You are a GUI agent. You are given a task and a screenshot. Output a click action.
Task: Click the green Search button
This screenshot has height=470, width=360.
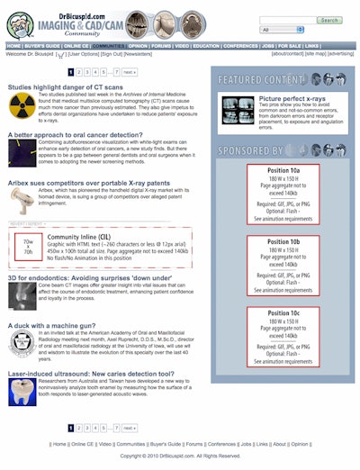[x=328, y=19]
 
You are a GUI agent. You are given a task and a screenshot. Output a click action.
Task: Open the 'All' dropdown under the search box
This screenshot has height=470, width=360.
[x=305, y=30]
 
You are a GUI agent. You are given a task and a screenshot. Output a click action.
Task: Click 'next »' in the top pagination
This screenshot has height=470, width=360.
[x=130, y=71]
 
